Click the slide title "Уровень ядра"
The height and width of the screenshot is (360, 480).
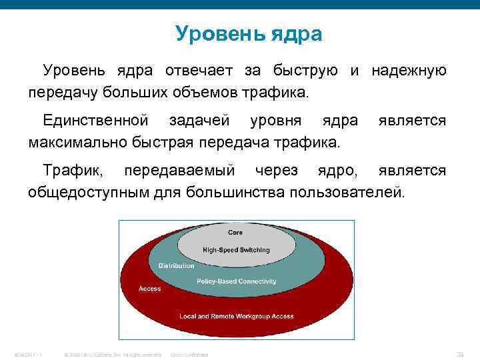pos(249,34)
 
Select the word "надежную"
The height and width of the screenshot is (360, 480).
pos(409,71)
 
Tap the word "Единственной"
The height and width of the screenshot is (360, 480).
pos(95,121)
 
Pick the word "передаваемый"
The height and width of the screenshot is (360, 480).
pos(179,171)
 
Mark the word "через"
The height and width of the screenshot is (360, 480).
pos(273,171)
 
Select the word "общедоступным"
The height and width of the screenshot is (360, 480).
pos(89,192)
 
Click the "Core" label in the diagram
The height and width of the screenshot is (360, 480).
pos(235,233)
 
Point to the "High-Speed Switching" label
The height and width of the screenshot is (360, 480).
pos(237,249)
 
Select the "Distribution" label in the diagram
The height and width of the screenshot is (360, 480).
pos(176,266)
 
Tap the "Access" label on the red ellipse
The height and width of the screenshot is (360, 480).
pos(150,289)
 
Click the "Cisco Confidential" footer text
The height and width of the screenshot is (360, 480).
pos(190,355)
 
